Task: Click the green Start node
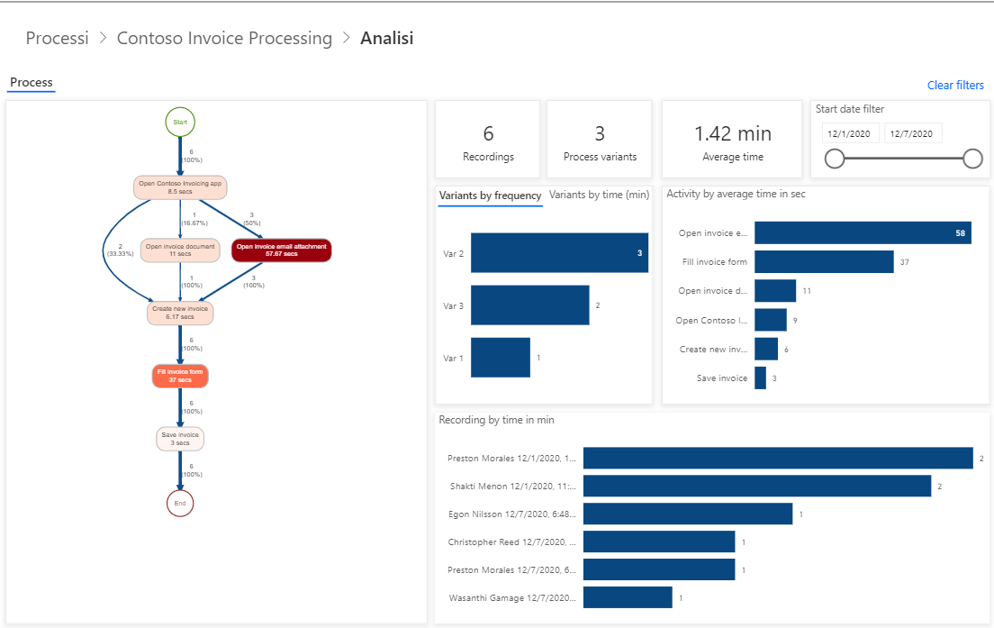coord(180,122)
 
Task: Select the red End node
coord(180,503)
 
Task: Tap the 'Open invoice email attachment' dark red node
coord(282,250)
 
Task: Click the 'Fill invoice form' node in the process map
coord(180,376)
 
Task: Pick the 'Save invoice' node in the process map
coord(180,439)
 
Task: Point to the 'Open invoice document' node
coord(180,250)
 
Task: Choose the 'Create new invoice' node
coord(180,313)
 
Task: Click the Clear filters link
coord(955,86)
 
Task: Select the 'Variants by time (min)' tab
coord(599,195)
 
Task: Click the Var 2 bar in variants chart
coord(558,253)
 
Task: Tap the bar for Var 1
coord(501,358)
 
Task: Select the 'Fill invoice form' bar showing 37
coord(824,262)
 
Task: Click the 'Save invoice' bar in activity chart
coord(761,378)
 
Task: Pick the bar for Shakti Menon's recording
coord(756,487)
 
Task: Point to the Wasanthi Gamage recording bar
coord(628,597)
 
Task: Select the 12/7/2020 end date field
coord(913,133)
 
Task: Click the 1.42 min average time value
coord(732,133)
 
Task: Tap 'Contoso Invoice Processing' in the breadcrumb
coord(224,39)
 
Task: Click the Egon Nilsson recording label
coord(512,514)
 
